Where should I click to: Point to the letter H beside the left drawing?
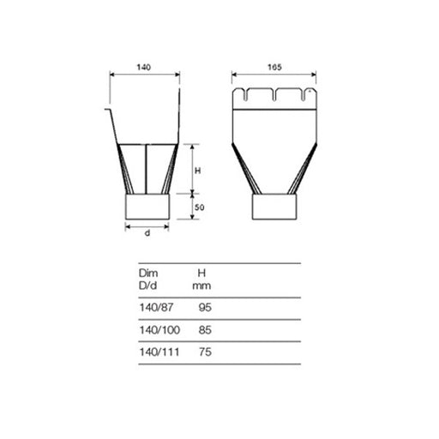pos(197,171)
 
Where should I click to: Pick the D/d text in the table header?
pos(148,285)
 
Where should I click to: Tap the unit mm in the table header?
pos(202,285)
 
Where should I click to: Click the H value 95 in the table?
pos(203,307)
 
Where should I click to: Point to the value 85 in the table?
pos(203,329)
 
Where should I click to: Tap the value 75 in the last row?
pos(203,352)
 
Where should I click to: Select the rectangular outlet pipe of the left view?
pos(148,207)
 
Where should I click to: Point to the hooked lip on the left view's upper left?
pos(109,110)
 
